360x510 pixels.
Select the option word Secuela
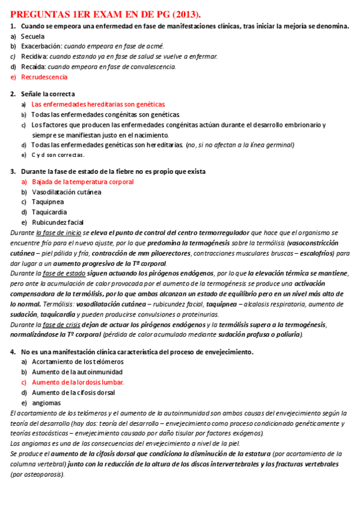click(34, 36)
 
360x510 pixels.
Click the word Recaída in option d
click(33, 67)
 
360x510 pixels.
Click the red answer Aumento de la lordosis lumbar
click(78, 382)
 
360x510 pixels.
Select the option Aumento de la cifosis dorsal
click(73, 392)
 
